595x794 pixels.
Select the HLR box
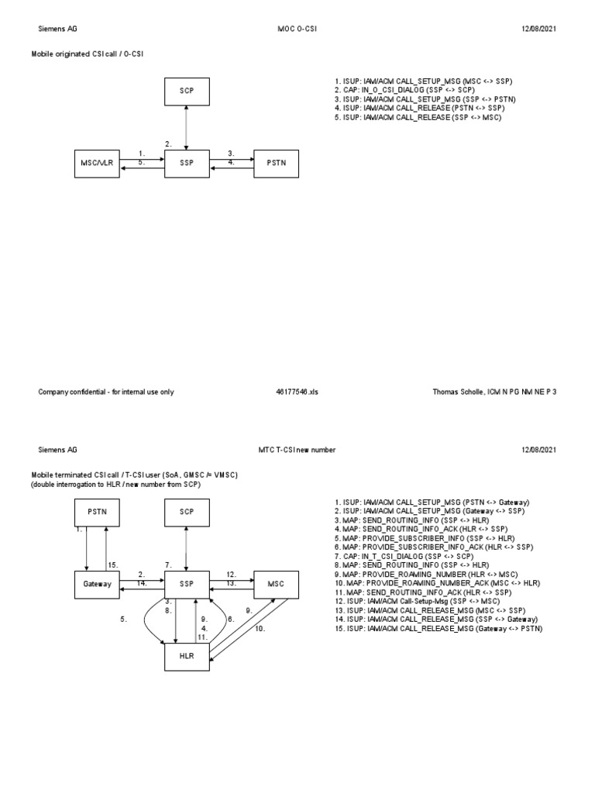[186, 654]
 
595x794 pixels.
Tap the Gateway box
[98, 583]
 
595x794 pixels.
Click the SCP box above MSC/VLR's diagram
[186, 91]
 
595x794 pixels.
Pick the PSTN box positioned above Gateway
[98, 512]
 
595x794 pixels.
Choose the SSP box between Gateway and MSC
[186, 583]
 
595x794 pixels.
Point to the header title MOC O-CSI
[297, 29]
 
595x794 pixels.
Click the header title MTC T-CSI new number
[297, 450]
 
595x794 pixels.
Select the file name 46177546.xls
[297, 392]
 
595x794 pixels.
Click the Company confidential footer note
[106, 392]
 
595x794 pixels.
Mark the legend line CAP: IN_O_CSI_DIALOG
[399, 90]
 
